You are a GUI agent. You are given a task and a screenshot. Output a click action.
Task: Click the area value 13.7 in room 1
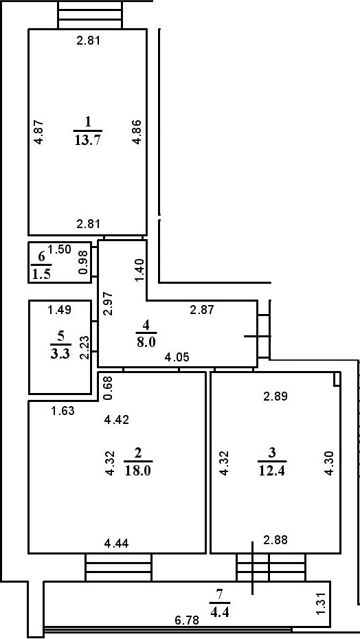88,140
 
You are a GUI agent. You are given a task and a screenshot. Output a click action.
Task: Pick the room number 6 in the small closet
41,257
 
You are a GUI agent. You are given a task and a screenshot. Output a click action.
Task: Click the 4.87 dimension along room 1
39,132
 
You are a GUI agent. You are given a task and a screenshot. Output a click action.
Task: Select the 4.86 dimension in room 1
137,132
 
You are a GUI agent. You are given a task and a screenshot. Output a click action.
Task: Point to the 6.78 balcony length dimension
188,620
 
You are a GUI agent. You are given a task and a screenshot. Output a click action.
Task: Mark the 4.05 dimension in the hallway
177,357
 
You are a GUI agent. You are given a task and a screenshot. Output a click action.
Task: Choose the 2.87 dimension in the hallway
202,310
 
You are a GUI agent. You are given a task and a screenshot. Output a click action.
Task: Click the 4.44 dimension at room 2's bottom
116,543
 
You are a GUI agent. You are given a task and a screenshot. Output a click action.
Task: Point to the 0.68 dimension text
108,387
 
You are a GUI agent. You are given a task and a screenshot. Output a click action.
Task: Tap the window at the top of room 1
90,14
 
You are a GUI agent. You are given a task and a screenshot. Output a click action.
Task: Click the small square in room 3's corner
337,379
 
